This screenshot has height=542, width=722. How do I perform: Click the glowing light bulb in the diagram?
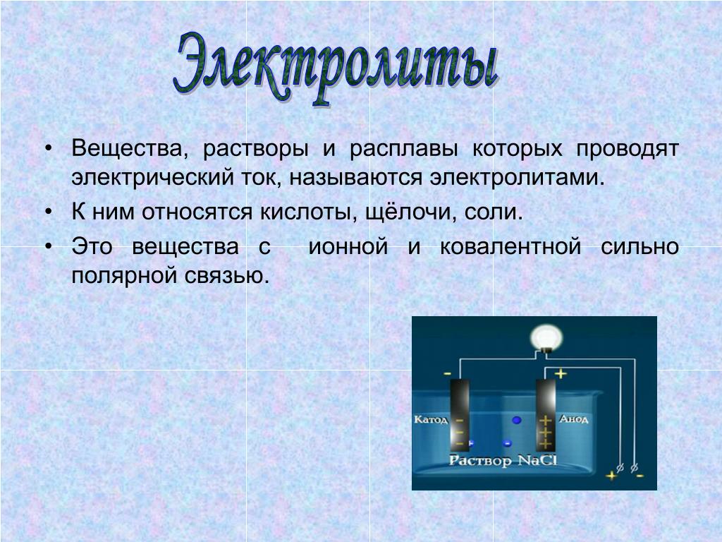tap(546, 339)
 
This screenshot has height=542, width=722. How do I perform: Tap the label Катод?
tap(431, 419)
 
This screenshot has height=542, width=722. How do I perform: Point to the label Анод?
tap(574, 419)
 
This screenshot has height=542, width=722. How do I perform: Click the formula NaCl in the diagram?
tap(537, 460)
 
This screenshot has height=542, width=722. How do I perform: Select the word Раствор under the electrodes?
tap(480, 461)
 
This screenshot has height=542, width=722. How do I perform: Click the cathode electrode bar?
tap(460, 415)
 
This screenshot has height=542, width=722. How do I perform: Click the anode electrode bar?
tap(546, 415)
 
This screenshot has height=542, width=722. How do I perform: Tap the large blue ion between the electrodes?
tap(517, 420)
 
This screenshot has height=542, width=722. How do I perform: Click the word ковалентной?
tap(510, 246)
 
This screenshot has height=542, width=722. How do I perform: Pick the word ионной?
tap(348, 246)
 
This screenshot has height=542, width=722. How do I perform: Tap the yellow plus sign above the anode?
tap(561, 373)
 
